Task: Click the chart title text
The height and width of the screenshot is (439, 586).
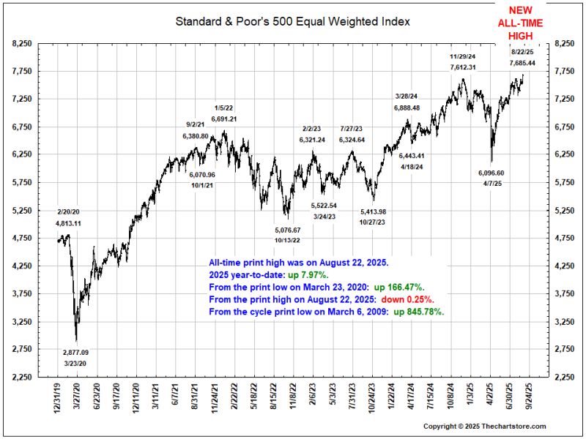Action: pos(292,21)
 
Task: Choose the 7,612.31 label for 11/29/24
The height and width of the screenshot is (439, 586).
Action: pos(463,67)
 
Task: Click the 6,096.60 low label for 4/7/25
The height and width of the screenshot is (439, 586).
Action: pos(492,173)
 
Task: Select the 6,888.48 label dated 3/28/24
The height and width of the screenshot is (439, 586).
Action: pos(407,108)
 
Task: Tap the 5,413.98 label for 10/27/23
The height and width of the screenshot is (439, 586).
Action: pos(373,211)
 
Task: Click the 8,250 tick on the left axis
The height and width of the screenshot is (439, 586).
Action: pos(23,44)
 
